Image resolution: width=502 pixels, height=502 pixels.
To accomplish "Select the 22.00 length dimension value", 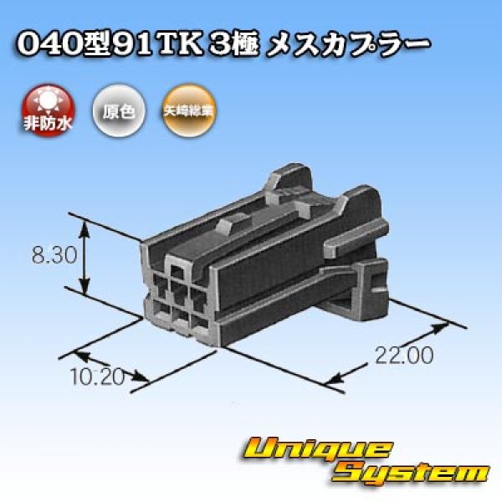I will click(x=403, y=356).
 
